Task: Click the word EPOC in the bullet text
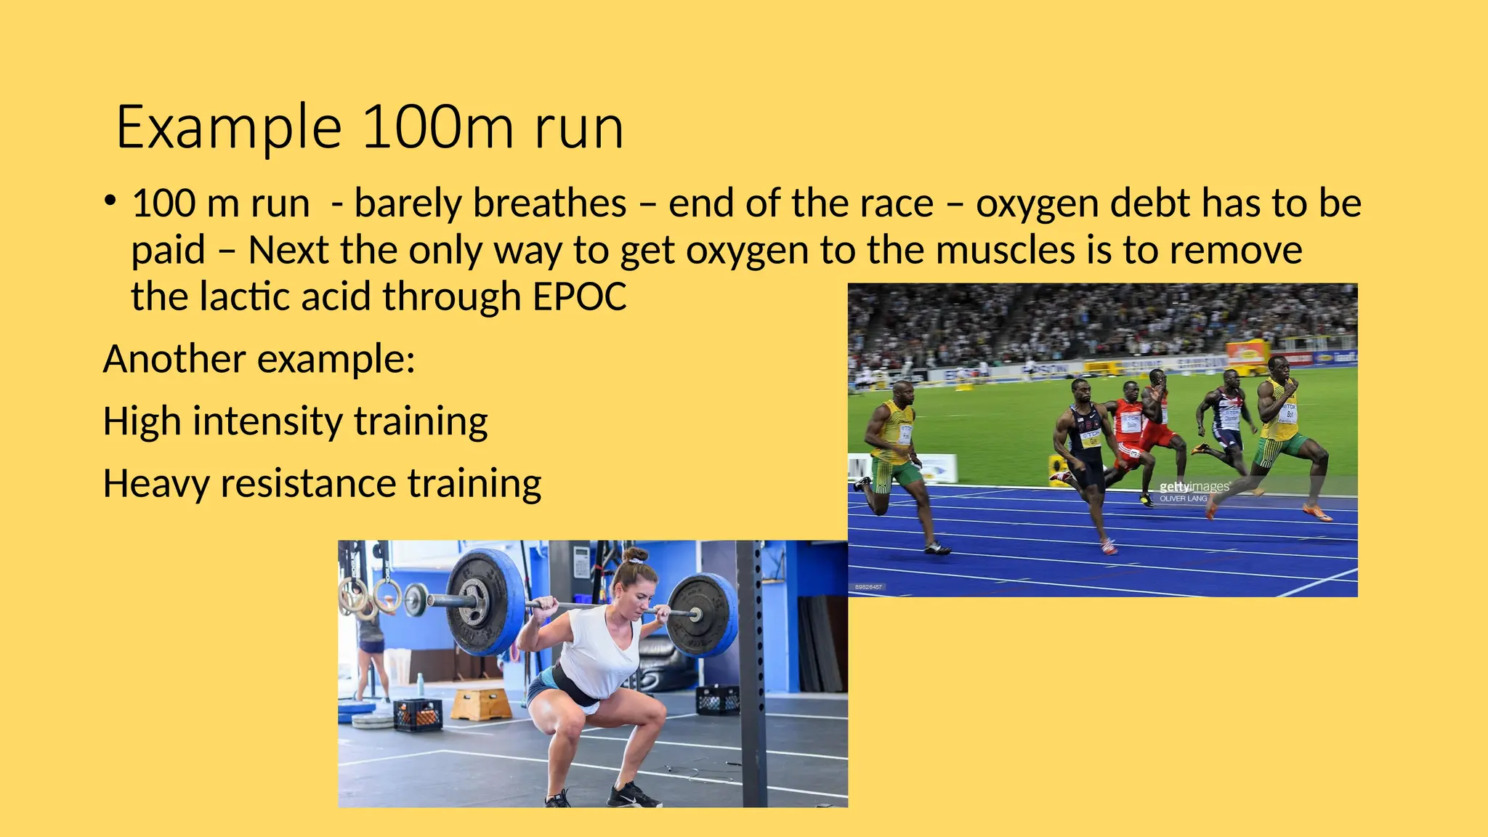click(x=579, y=297)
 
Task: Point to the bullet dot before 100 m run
click(x=110, y=201)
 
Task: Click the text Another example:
click(x=259, y=359)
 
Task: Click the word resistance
click(x=308, y=484)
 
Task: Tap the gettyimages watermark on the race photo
click(x=1194, y=487)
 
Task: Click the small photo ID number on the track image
click(x=869, y=587)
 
